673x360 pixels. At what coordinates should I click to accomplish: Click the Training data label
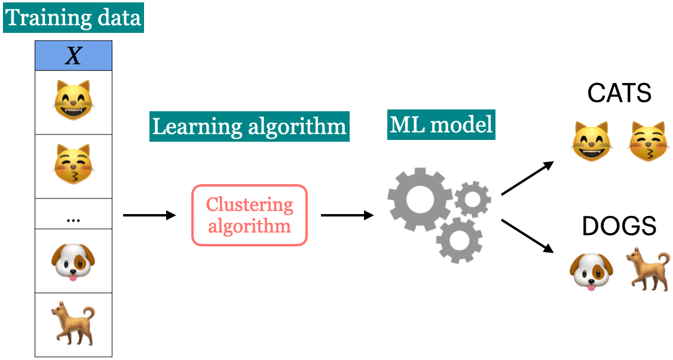tap(74, 17)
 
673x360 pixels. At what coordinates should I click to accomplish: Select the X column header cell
tap(74, 56)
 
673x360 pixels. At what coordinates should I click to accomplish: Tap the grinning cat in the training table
tap(74, 101)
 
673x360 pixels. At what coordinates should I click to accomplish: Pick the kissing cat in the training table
tap(74, 165)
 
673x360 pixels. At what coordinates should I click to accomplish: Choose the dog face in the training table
tap(74, 261)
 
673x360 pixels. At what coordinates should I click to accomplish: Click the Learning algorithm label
tap(249, 127)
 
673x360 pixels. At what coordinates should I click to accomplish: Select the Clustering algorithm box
tap(249, 215)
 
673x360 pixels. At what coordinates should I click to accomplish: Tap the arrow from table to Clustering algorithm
tap(149, 215)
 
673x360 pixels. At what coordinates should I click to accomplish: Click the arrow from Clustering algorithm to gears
tap(347, 215)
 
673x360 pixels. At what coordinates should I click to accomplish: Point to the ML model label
tap(441, 124)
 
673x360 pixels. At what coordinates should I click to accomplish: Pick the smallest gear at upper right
tap(473, 199)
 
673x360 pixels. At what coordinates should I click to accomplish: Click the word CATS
tap(619, 94)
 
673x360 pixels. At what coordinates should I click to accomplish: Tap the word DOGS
tap(619, 227)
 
